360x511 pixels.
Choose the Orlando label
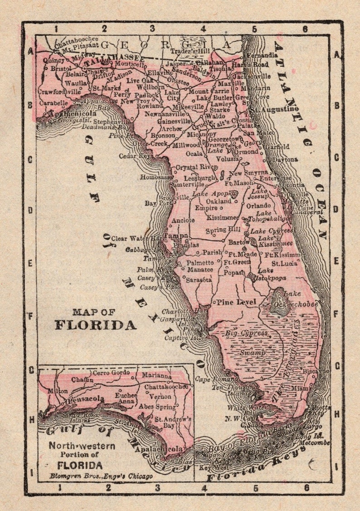258,205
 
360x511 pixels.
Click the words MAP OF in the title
94,312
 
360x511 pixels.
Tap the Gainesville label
174,121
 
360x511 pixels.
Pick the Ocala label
194,153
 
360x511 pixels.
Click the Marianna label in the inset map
156,376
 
